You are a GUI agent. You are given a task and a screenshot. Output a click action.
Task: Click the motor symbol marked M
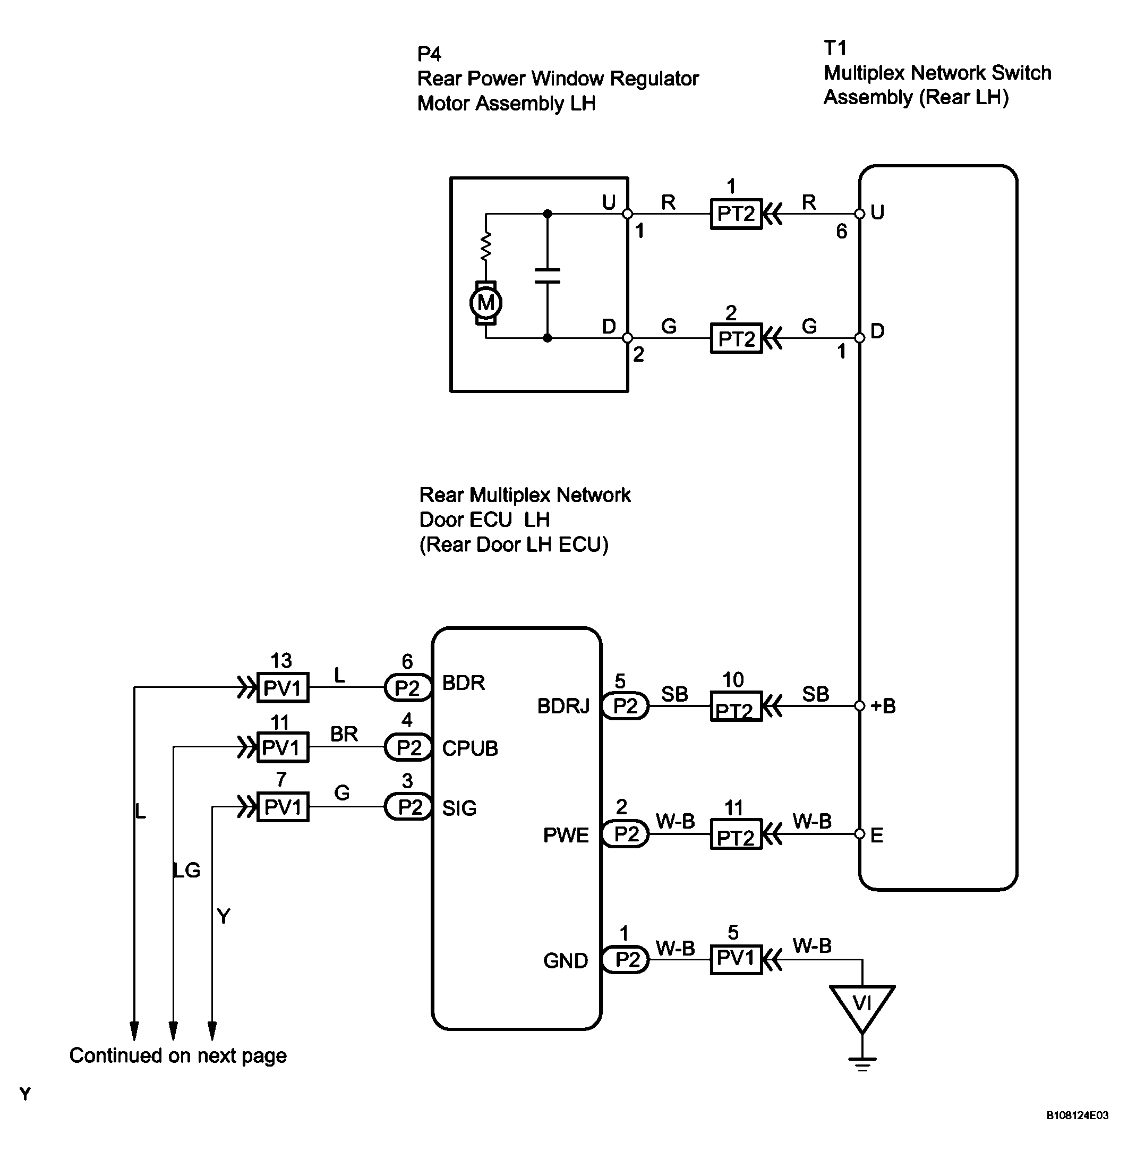[486, 303]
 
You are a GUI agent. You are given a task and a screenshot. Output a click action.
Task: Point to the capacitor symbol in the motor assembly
[548, 276]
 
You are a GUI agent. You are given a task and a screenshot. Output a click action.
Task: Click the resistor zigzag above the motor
[486, 246]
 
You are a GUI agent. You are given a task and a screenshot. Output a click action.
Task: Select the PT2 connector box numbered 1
[736, 214]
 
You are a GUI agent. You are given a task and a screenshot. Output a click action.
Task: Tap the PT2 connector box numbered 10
[736, 706]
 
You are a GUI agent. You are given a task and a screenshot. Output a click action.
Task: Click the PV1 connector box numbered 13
[283, 687]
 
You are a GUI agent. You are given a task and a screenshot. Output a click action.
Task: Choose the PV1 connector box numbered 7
[283, 806]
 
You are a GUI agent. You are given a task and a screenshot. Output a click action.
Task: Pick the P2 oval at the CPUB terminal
[408, 747]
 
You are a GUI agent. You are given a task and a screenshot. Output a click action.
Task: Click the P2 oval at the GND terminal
[626, 959]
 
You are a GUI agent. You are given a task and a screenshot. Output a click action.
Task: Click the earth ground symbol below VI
[862, 1064]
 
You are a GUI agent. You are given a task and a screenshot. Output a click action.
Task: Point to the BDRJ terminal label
[563, 706]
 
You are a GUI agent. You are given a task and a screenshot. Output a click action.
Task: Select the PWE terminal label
[566, 836]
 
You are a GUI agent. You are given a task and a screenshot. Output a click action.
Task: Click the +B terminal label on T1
[883, 706]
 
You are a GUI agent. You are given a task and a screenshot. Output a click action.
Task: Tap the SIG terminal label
[459, 808]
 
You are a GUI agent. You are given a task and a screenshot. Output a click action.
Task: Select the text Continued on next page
[178, 1055]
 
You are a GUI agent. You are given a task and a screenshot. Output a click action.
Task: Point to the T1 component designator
[835, 48]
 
